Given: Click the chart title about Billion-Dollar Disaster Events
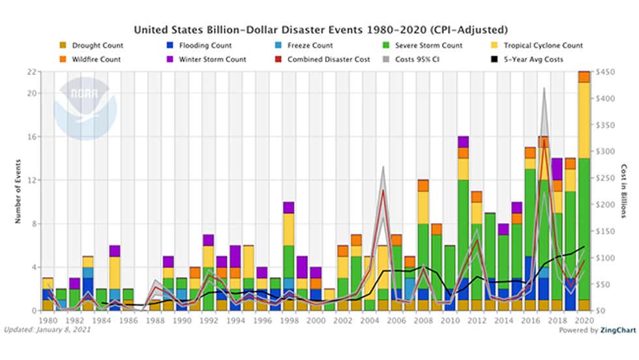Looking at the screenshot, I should coord(320,30).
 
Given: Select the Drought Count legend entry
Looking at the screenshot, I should coord(97,46).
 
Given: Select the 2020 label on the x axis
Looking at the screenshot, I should coord(584,322).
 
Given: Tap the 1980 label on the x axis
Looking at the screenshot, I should coord(48,322).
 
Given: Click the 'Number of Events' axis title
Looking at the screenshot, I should coord(18,191).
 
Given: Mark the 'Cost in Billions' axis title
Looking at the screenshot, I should coord(623,191).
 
